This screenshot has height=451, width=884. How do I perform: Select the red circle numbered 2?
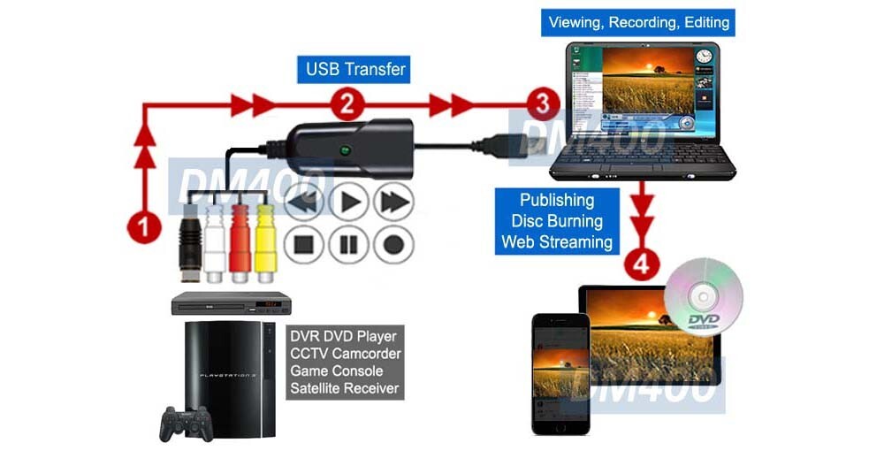pos(347,105)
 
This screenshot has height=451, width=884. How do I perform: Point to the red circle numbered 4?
pos(643,264)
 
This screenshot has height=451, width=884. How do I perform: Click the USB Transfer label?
pos(354,68)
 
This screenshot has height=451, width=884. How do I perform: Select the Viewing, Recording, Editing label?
pos(637,21)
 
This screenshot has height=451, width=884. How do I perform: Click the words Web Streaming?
pos(556,241)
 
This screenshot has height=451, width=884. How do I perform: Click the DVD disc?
pos(704,296)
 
